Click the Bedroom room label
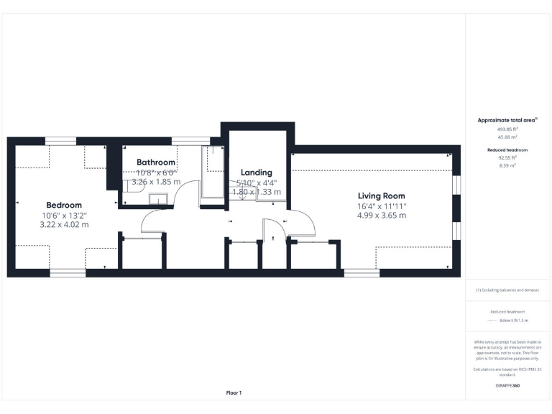pos(64,205)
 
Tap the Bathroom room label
pos(156,162)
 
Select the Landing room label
pos(257,172)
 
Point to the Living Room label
pos(382,195)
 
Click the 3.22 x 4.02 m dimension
pos(64,224)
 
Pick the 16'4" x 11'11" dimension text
pos(382,206)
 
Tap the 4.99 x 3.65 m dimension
pos(382,215)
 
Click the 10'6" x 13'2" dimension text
pos(64,215)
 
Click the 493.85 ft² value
pos(507,129)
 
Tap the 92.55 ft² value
pos(507,157)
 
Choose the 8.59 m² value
pos(507,165)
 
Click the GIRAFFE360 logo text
pos(507,386)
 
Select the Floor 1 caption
pos(234,392)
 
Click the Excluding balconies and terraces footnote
pos(507,290)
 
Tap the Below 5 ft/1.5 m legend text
pos(514,321)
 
